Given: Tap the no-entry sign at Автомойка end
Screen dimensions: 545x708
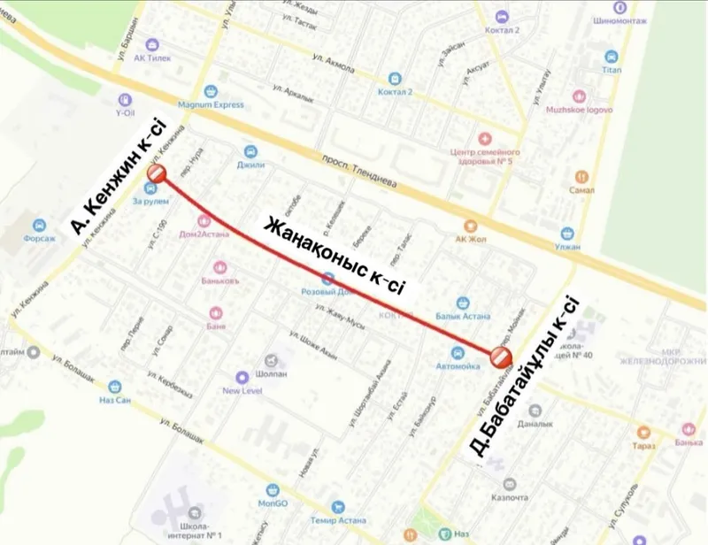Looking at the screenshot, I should (x=500, y=357).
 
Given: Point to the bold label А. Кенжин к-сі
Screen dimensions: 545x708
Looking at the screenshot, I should (x=115, y=177).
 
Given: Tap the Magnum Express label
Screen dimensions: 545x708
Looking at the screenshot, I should (x=212, y=104).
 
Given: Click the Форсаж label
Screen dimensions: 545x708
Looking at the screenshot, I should (x=38, y=239).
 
